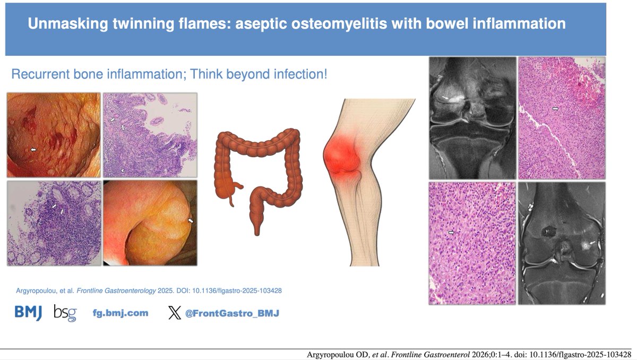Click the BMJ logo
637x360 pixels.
pos(28,313)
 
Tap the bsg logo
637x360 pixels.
pos(65,313)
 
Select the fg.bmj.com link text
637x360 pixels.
pos(120,313)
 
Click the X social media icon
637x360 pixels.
pos(174,313)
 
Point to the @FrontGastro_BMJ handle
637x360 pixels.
pos(232,313)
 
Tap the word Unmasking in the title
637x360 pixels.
pos(68,23)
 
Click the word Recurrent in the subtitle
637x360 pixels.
pos(40,74)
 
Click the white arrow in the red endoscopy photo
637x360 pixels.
pos(33,150)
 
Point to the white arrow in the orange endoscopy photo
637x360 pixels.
pos(191,220)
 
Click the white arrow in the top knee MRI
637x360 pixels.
pos(445,98)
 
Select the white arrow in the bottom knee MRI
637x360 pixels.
pos(592,243)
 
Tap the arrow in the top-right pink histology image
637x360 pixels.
pos(555,108)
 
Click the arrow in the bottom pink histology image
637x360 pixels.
pos(451,233)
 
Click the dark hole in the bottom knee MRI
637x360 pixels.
pos(548,231)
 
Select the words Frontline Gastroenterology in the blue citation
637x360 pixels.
pos(116,290)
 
